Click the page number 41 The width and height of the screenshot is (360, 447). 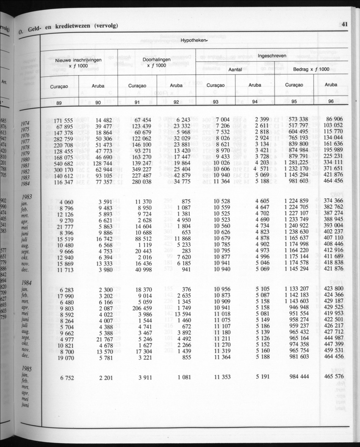coord(344,24)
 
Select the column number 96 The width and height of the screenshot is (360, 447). coord(331,102)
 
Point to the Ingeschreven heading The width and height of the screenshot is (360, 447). coord(272,56)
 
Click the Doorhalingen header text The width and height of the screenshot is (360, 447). coord(156,60)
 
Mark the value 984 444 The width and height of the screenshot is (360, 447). coord(299,377)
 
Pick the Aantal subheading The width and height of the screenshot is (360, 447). coord(235,69)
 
